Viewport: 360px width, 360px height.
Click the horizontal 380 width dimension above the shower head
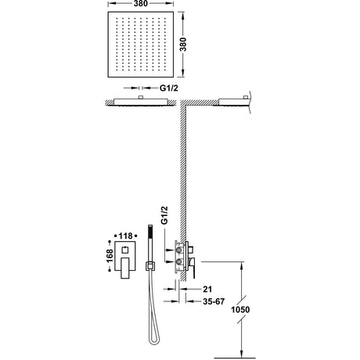coord(141,3)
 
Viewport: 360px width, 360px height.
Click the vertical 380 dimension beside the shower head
coord(183,45)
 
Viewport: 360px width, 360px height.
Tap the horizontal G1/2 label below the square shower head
coord(169,88)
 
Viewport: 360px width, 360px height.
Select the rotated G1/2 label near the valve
coord(164,215)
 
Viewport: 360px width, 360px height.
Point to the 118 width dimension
coord(125,236)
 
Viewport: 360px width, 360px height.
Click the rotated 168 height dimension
coord(110,256)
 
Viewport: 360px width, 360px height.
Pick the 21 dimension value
coord(207,289)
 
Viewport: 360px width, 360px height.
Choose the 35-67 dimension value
coord(214,301)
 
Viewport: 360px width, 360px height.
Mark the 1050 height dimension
coord(240,310)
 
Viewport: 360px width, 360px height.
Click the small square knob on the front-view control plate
coord(125,250)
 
